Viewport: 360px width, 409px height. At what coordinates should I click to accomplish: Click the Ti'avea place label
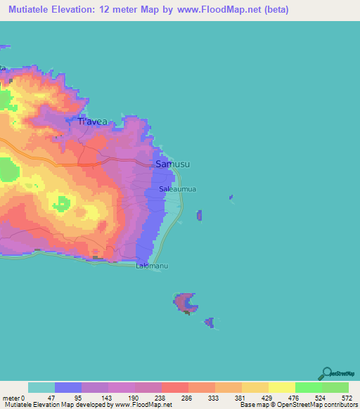tap(92, 122)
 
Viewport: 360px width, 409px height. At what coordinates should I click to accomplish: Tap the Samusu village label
tap(172, 164)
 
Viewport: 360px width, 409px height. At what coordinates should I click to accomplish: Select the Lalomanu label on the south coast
tap(152, 267)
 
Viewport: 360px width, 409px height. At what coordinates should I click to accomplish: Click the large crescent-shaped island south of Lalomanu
tap(186, 303)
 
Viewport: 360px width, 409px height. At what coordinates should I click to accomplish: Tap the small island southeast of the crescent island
tap(209, 322)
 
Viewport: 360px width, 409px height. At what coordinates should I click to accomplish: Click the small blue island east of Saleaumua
tap(200, 215)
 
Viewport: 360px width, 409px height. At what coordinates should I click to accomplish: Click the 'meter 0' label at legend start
tap(13, 398)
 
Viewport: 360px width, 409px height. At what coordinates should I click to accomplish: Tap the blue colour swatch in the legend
tap(68, 387)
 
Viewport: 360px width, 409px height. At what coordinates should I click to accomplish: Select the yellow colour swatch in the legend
tap(282, 387)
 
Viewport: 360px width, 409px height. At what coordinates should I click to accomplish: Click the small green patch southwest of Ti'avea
tap(9, 171)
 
